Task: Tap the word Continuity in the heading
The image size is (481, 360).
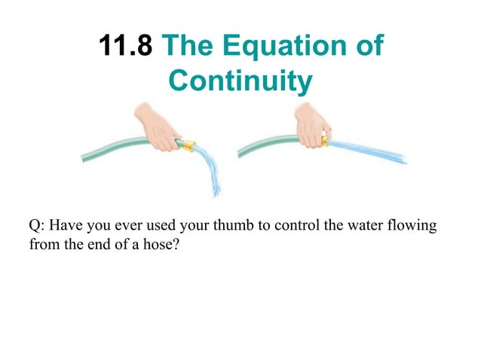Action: tap(240, 81)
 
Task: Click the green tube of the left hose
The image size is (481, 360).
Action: tap(113, 148)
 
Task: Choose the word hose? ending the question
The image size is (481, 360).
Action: tap(163, 244)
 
